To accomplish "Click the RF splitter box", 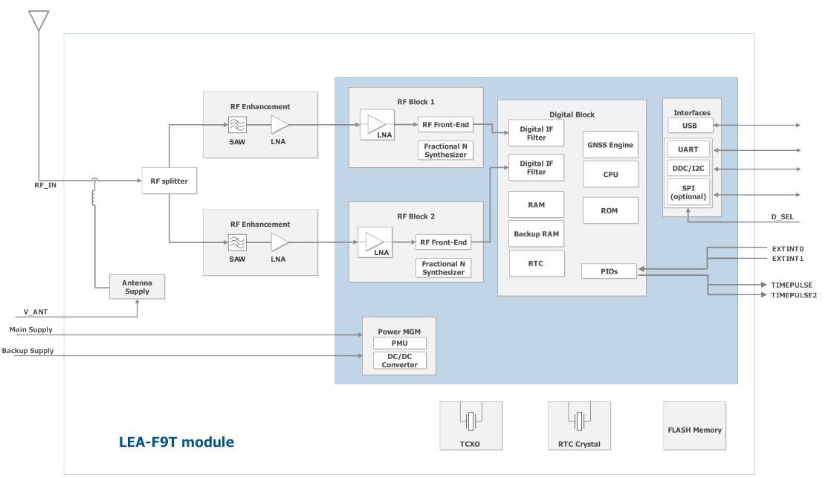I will click(169, 181).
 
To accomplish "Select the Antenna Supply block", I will click(137, 287).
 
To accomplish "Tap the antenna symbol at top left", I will click(38, 20).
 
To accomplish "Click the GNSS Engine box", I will click(610, 145).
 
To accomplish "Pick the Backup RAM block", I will click(536, 234).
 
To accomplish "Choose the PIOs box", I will click(609, 271).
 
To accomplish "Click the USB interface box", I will click(690, 125).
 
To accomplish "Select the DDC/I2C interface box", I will click(688, 168).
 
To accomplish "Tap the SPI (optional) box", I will click(688, 193).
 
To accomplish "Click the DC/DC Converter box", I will click(400, 361).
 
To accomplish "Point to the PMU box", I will click(400, 343).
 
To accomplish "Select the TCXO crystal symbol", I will click(471, 422).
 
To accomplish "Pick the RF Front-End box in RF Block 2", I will click(443, 242).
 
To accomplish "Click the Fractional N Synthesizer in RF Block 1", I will click(445, 151).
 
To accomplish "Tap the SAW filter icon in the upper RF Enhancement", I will click(237, 125).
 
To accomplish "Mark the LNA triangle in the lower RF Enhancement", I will click(279, 242).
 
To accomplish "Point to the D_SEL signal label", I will click(783, 217).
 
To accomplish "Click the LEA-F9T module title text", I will click(176, 442).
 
